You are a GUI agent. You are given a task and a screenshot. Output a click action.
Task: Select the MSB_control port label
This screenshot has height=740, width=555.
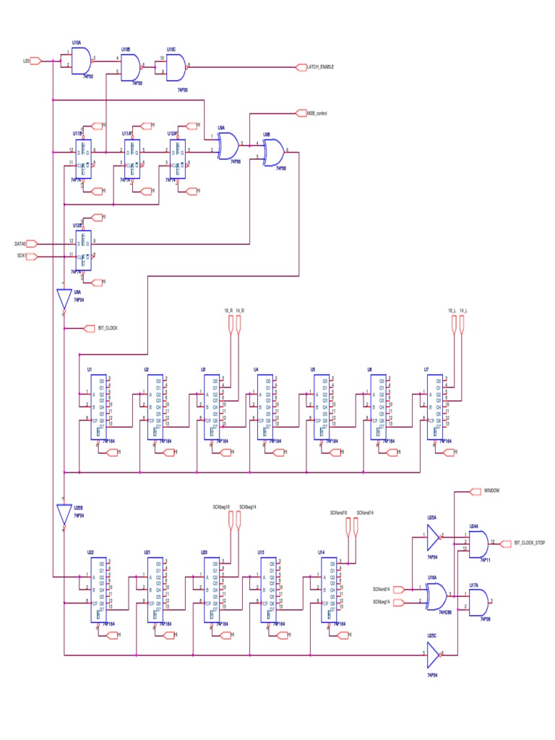[317, 113]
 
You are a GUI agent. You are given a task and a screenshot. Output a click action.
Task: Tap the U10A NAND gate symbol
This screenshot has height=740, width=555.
[82, 61]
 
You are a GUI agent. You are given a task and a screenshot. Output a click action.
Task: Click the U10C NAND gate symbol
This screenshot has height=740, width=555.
[176, 67]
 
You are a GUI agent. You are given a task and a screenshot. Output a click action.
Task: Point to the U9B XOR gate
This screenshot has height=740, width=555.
[273, 152]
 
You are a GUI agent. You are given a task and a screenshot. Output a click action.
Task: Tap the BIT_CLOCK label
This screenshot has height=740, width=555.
[108, 328]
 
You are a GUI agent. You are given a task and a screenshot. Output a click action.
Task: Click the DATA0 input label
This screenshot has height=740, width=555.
[21, 244]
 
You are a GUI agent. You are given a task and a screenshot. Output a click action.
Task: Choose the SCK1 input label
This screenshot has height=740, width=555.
[21, 255]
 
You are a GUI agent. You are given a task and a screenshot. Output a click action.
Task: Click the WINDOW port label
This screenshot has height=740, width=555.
[491, 491]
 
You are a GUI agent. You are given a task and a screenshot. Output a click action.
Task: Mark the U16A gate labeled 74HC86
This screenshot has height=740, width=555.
[436, 595]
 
